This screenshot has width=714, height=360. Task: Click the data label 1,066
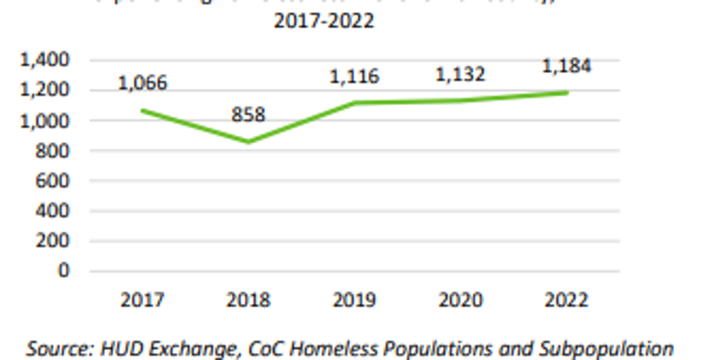click(142, 83)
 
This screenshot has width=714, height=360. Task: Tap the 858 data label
click(248, 115)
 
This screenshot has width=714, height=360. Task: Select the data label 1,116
click(355, 77)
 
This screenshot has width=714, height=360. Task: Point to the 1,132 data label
click(460, 74)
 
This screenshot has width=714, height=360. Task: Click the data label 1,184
click(567, 66)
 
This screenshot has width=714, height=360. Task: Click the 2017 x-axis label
click(142, 299)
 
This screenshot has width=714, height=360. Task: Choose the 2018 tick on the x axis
click(248, 299)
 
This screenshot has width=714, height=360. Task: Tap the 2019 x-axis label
click(355, 299)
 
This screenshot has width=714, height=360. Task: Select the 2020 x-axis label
click(460, 299)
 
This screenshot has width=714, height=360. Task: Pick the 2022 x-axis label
click(567, 299)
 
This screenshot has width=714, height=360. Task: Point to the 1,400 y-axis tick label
click(47, 60)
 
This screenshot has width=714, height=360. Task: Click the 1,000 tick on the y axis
click(47, 120)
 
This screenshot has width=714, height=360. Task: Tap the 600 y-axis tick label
click(55, 181)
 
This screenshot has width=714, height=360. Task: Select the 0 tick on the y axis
click(65, 270)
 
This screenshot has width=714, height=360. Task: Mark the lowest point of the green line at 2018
click(248, 142)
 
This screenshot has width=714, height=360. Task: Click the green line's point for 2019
click(355, 103)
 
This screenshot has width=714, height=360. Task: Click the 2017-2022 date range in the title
click(324, 21)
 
